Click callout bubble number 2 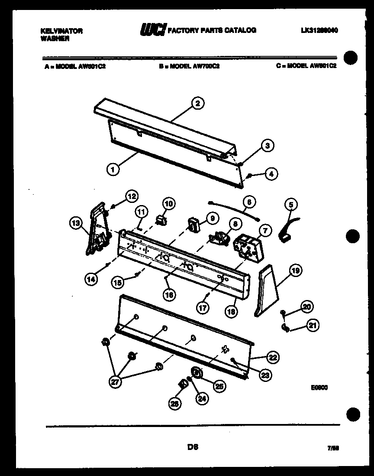tap(197, 103)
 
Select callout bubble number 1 tap(113, 170)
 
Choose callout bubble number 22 tap(273, 357)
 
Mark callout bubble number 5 tap(291, 204)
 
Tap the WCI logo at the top tap(152, 30)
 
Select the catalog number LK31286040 tap(319, 30)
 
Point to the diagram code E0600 tap(319, 388)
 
